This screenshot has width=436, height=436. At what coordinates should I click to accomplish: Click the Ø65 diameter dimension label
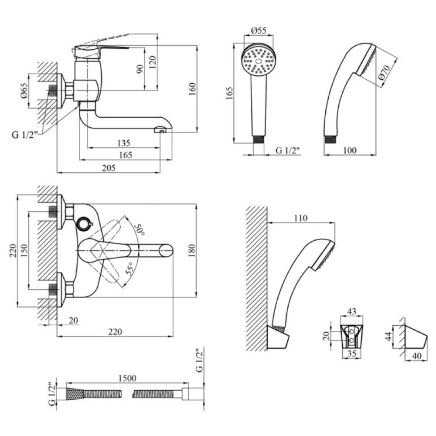24,91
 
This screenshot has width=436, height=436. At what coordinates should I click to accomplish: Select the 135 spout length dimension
124,143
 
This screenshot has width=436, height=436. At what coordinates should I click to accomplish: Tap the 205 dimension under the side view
109,168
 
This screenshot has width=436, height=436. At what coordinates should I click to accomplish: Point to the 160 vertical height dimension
192,89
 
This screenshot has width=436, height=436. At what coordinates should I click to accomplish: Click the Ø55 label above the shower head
259,31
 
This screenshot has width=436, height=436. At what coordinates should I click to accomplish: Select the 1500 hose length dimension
127,378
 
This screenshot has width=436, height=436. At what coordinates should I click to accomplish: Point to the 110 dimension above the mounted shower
301,218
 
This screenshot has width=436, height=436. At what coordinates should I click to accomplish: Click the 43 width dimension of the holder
352,311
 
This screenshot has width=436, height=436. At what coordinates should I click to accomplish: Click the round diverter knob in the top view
84,224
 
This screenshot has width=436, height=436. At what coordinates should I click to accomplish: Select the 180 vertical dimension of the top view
192,250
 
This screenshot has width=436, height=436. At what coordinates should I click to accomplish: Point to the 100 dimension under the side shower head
350,150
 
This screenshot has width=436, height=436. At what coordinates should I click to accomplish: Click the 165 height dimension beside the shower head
229,93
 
